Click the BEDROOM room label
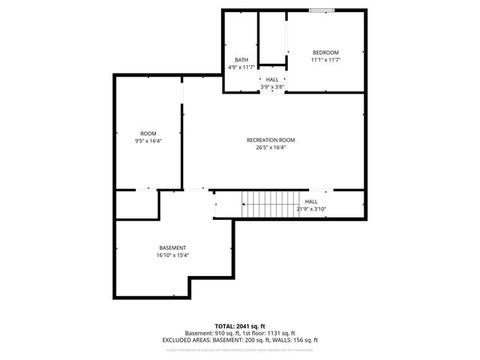pos(325,52)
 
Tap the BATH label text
pos(241,60)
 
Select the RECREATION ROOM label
pos(271,140)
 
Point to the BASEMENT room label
pos(172,247)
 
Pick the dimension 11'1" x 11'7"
pos(325,59)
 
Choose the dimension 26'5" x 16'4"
pos(271,147)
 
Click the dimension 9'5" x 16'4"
pos(148,140)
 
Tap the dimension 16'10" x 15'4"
pos(172,255)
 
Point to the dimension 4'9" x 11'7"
pos(241,67)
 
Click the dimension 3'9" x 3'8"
pos(272,86)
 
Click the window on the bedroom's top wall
pos(322,10)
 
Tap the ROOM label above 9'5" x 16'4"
pos(148,133)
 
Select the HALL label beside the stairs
pos(311,202)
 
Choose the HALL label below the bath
pos(272,79)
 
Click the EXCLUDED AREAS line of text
pos(240,340)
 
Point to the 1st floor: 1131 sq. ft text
pos(271,333)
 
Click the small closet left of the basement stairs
pos(136,205)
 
